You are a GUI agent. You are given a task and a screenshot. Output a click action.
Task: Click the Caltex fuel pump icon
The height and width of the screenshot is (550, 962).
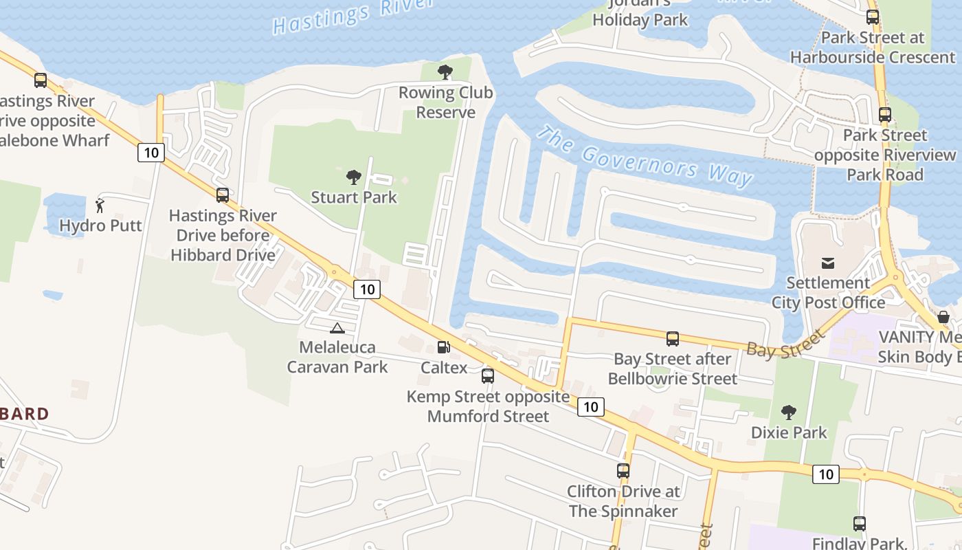pyautogui.click(x=444, y=347)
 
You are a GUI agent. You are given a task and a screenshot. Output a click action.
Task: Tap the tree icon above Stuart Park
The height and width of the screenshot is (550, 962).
pyautogui.click(x=354, y=177)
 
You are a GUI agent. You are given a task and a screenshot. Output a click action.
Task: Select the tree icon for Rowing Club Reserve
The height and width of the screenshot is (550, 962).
pyautogui.click(x=445, y=71)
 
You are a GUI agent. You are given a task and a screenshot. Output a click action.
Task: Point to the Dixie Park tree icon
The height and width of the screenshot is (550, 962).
pyautogui.click(x=789, y=412)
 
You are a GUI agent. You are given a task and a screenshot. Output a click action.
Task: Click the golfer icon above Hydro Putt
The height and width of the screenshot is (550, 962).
pyautogui.click(x=100, y=205)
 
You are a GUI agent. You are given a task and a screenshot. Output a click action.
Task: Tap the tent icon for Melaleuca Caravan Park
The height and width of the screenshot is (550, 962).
pyautogui.click(x=337, y=328)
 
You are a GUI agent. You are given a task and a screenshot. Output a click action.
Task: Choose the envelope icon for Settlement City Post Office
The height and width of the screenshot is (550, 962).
pyautogui.click(x=827, y=263)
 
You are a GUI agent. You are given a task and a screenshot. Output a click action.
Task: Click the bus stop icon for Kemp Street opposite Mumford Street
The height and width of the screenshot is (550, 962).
pyautogui.click(x=488, y=376)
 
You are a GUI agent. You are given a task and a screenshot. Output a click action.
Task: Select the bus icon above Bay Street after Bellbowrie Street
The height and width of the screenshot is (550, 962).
pyautogui.click(x=673, y=338)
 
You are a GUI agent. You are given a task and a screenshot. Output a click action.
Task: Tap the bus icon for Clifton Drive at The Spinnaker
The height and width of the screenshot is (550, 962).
pyautogui.click(x=623, y=471)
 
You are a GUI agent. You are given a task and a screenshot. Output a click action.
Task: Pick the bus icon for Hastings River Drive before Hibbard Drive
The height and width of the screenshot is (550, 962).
pyautogui.click(x=223, y=195)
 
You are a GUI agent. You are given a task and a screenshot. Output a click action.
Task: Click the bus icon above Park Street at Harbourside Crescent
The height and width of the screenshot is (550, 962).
pyautogui.click(x=873, y=17)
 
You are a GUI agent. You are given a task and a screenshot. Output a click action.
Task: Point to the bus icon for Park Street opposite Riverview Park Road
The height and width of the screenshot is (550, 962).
pyautogui.click(x=885, y=115)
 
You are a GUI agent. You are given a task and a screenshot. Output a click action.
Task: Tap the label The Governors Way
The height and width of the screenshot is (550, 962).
pyautogui.click(x=645, y=157)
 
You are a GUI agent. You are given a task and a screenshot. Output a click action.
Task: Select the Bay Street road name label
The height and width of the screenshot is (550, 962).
pyautogui.click(x=785, y=343)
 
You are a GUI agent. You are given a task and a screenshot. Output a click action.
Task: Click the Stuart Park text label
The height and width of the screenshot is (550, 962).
pyautogui.click(x=354, y=198)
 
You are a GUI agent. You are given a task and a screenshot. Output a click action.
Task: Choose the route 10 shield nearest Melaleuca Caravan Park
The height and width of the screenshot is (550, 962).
pyautogui.click(x=367, y=289)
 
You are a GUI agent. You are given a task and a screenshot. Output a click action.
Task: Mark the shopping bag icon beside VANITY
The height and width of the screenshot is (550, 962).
pyautogui.click(x=944, y=317)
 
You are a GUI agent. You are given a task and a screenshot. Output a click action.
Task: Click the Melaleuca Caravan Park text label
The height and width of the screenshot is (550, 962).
pyautogui.click(x=337, y=357)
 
